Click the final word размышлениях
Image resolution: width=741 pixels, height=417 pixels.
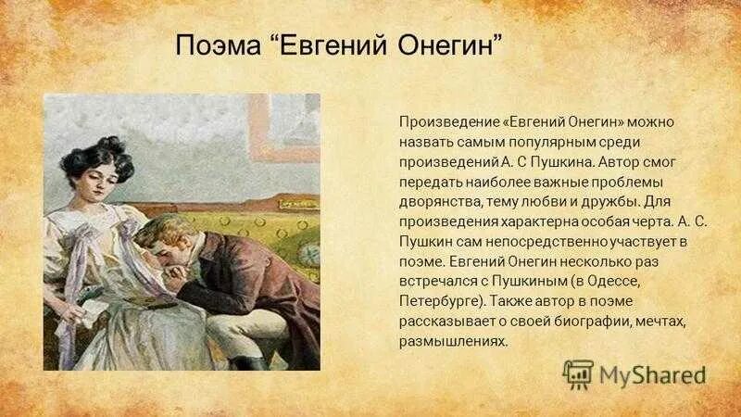click(x=454, y=342)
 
